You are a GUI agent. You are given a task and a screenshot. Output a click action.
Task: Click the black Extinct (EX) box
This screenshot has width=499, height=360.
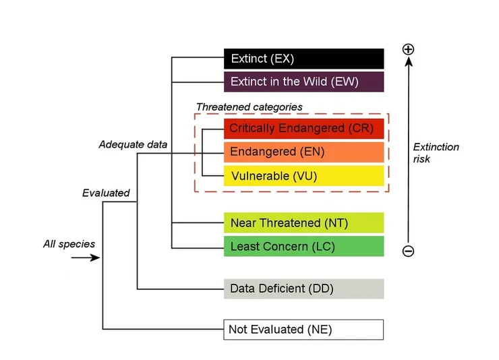coord(303,59)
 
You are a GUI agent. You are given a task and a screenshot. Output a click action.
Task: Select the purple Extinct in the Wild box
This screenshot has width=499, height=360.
coord(303,82)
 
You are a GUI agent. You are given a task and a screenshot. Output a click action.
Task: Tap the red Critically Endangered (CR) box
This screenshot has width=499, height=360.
coord(303,128)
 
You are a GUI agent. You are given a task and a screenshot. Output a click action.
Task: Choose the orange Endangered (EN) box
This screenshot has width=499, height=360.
coord(303,152)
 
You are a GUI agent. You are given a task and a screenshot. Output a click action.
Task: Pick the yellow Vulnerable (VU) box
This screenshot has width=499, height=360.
coord(303,176)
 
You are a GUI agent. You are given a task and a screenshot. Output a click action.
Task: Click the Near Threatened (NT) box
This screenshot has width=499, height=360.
coord(303,222)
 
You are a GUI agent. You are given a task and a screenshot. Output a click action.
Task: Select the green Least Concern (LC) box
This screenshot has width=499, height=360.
coord(303,246)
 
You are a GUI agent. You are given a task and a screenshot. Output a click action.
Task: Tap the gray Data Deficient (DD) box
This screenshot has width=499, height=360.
coord(303,289)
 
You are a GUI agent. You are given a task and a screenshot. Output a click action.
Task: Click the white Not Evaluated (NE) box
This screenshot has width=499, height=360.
coord(303,330)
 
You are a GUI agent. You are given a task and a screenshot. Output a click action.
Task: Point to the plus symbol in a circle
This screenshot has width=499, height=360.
coord(408,49)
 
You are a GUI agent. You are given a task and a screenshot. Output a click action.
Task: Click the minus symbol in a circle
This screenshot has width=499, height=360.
coord(408,251)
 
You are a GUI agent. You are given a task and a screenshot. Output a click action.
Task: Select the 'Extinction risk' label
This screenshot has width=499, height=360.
coord(436,153)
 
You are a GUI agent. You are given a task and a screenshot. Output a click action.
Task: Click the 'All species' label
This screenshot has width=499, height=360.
coord(69,243)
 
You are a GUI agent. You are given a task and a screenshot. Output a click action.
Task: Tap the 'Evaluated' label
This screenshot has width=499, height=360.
coord(106,193)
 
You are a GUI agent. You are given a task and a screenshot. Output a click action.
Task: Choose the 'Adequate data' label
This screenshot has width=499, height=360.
coord(133,144)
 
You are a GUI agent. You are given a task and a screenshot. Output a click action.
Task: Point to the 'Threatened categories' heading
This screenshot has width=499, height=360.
coord(249,107)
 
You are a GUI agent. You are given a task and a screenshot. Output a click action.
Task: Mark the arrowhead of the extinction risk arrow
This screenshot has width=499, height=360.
coord(408,63)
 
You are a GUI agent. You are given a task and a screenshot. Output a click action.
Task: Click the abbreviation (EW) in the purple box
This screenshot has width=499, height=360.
coord(343,82)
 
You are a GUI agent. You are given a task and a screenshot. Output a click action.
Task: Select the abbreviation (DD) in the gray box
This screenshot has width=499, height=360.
coord(321,289)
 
